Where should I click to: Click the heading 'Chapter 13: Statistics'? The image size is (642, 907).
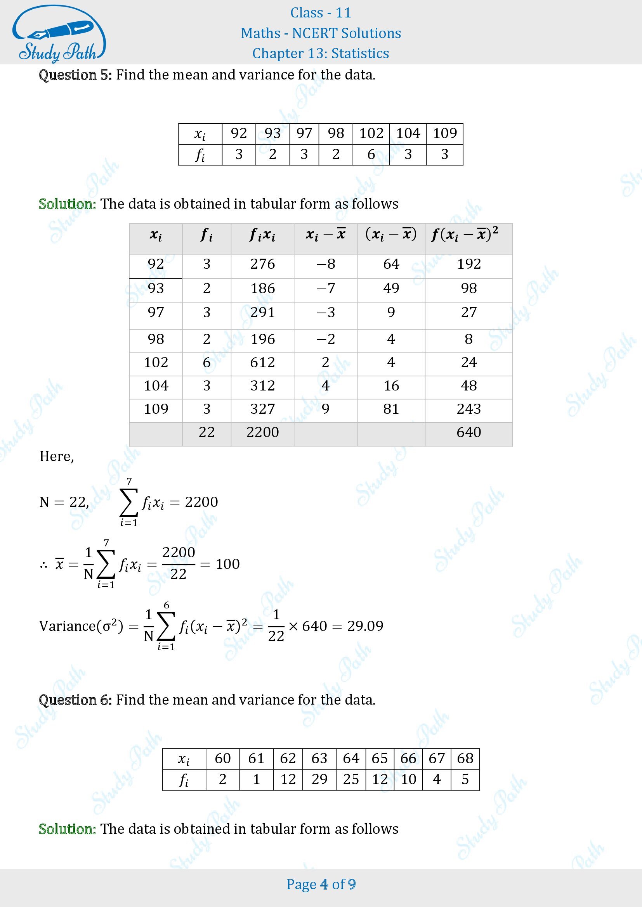tap(321, 54)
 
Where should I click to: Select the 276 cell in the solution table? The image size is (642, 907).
tap(262, 264)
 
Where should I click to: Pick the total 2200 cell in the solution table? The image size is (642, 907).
tap(262, 432)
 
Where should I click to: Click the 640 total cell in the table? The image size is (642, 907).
tap(468, 432)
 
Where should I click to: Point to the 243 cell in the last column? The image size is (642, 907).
tap(468, 409)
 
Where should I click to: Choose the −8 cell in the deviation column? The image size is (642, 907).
tap(326, 264)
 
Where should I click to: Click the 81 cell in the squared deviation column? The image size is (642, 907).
tap(391, 409)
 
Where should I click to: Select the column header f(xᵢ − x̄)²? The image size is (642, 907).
tap(465, 235)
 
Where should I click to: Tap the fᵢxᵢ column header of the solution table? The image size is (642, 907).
tap(262, 235)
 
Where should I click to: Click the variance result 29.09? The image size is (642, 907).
tap(365, 626)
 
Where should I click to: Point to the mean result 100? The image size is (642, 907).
tap(228, 564)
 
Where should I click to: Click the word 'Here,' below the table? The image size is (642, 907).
tap(57, 456)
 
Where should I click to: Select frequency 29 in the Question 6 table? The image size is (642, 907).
tap(319, 779)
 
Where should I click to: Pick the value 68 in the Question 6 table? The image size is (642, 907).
tap(465, 758)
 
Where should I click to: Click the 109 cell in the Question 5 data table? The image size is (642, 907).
tap(445, 133)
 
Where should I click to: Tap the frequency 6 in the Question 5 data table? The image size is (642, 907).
tap(371, 154)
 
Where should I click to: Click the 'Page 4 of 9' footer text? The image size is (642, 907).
tap(321, 884)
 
